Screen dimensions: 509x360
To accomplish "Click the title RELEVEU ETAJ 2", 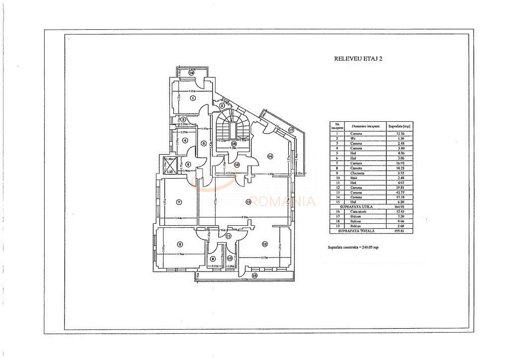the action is coord(358,58).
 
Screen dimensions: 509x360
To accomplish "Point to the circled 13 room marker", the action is coord(249,201).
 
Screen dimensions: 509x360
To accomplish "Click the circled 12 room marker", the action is coord(265,244).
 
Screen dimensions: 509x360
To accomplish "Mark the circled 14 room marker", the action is coord(270,157).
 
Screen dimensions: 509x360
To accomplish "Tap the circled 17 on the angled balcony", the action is coord(291,131).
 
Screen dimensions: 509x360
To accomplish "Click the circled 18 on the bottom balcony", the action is coord(254,275).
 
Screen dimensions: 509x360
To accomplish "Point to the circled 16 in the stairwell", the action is coord(233,144).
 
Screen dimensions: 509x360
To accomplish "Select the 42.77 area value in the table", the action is coord(396,192).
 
